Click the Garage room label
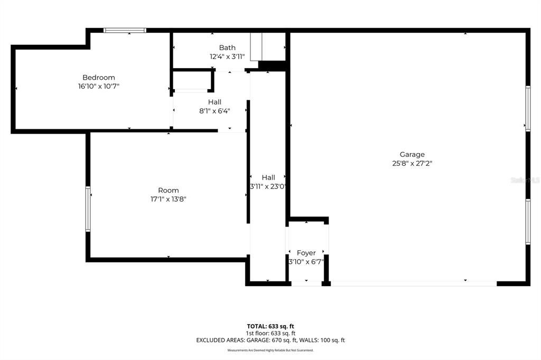pos(412,155)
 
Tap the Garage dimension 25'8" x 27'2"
pos(412,163)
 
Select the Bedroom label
pos(98,78)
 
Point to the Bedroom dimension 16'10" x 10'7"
pos(102,86)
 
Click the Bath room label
pos(227,48)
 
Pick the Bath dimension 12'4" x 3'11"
pos(227,56)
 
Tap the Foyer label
pos(306,253)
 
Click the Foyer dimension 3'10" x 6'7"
pos(306,262)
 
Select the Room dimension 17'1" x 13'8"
pos(168,199)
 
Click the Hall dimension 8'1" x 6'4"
pos(214,111)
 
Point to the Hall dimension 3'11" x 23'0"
pos(268,186)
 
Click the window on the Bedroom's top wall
pos(125,30)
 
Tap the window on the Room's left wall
pos(88,209)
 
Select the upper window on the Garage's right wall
pos(528,108)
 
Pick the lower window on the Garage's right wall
pos(528,222)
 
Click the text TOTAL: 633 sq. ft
pos(270,326)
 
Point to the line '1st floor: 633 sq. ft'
pos(270,333)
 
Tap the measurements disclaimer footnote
pos(270,350)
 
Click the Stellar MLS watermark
pos(524,180)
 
